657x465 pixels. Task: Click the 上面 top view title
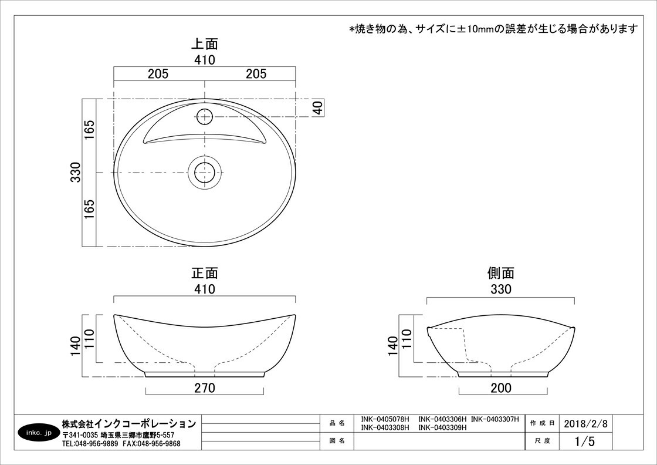(x=205, y=44)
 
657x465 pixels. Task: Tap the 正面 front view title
(x=205, y=274)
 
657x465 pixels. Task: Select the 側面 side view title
(x=501, y=274)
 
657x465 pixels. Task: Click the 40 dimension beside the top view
(x=318, y=107)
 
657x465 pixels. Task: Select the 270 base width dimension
(x=205, y=388)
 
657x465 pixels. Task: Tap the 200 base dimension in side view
(x=501, y=388)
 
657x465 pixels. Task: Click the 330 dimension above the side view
(x=501, y=289)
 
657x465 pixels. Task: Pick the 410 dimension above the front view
(x=205, y=289)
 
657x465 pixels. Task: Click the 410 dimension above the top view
(x=205, y=60)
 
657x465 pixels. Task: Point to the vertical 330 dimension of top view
(x=76, y=172)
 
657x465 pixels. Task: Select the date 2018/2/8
(x=585, y=423)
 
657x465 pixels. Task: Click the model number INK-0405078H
(x=385, y=420)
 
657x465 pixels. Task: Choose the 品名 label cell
(x=337, y=423)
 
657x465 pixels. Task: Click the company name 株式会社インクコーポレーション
(x=128, y=423)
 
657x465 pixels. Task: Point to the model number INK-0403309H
(x=442, y=427)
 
